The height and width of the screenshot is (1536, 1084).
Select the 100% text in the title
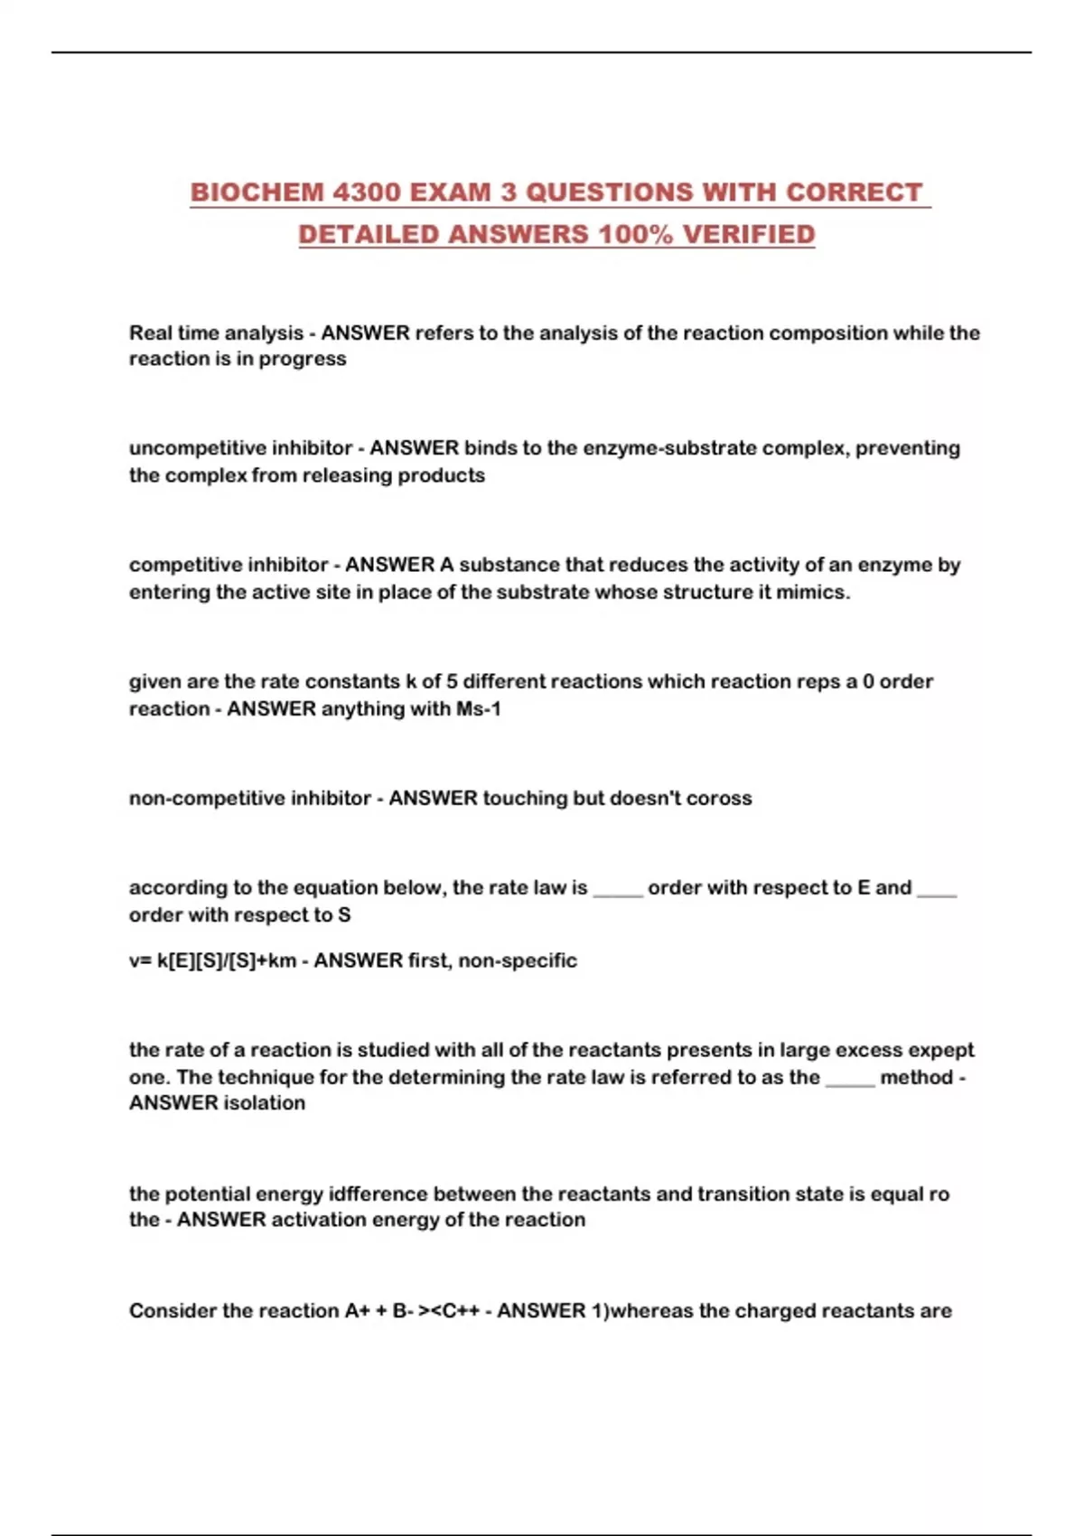pyautogui.click(x=636, y=234)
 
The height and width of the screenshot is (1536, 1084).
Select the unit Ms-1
pyautogui.click(x=478, y=709)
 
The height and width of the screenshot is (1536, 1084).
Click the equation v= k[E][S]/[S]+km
pyautogui.click(x=212, y=960)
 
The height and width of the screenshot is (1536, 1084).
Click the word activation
pyautogui.click(x=315, y=1220)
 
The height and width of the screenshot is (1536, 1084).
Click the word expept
pyautogui.click(x=940, y=1050)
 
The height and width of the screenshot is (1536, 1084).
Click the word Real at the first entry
pyautogui.click(x=150, y=332)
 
